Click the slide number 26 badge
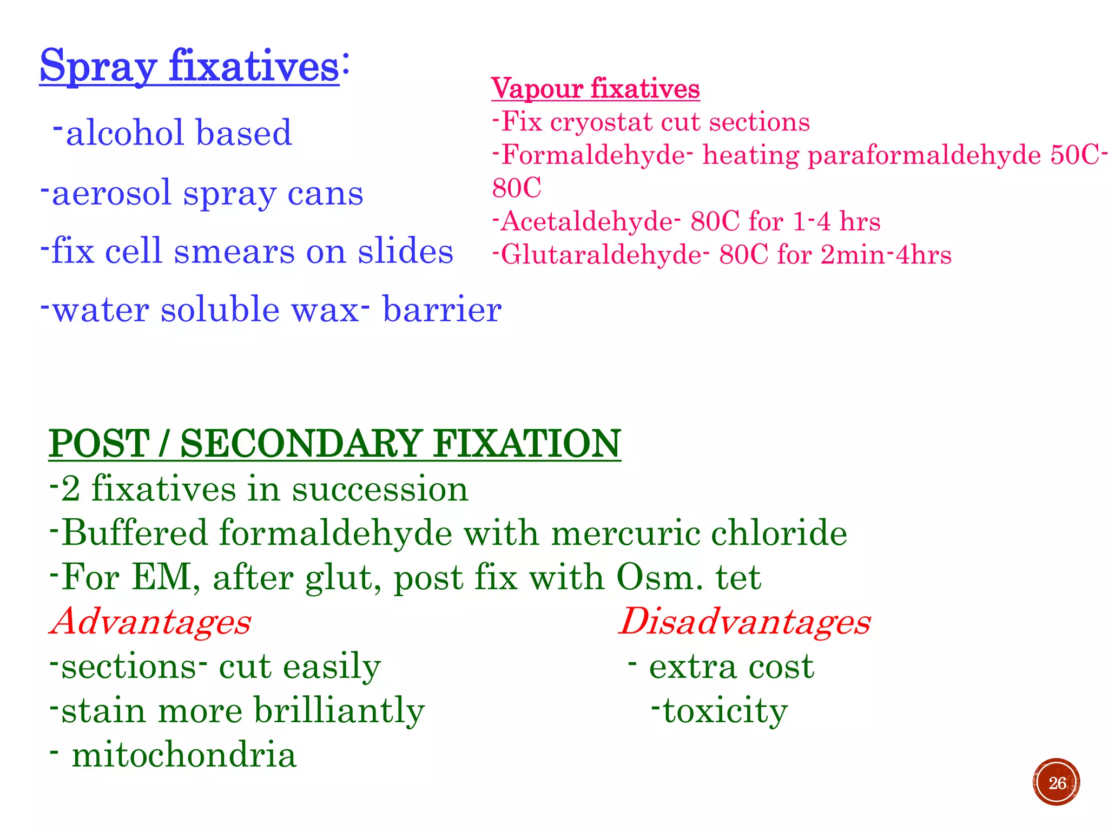[x=1056, y=782]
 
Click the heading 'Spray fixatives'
[x=189, y=66]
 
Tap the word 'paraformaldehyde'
[x=924, y=156]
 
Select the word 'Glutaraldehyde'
[x=601, y=255]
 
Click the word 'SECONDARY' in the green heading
[x=301, y=444]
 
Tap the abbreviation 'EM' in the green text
[x=161, y=577]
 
